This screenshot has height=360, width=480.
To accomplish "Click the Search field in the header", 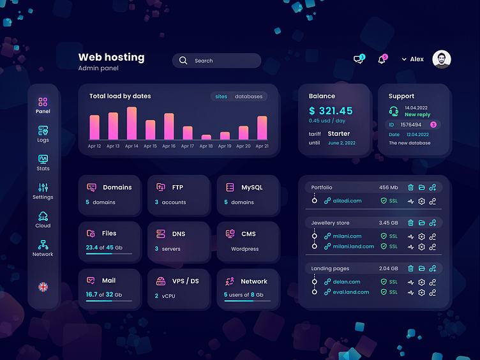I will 216,61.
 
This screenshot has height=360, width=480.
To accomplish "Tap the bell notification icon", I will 382,59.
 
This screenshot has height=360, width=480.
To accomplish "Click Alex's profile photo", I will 441,59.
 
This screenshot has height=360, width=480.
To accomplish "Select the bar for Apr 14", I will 131,123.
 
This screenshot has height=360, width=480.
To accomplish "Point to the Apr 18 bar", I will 206,137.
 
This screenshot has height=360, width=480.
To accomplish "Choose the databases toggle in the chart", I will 248,96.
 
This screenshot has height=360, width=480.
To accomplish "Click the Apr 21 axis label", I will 262,146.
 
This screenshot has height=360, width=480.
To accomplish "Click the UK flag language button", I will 43,287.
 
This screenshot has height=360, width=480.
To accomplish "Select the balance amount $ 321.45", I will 331,111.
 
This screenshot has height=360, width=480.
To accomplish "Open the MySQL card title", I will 251,188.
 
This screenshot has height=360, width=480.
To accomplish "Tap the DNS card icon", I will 160,234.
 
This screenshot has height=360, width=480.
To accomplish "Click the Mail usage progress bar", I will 109,301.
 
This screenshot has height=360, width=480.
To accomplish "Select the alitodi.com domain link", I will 347,200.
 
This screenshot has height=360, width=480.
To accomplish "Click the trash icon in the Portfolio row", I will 410,188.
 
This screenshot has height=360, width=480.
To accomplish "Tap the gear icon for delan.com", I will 421,281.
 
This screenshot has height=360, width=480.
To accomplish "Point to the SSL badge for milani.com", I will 389,236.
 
